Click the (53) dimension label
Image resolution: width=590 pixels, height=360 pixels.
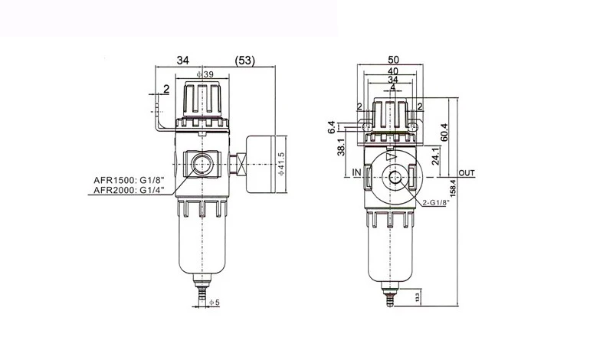click(244, 61)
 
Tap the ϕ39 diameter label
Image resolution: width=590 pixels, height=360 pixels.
click(205, 74)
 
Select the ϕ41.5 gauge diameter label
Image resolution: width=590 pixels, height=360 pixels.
click(281, 164)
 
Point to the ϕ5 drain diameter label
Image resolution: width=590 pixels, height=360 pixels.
click(214, 302)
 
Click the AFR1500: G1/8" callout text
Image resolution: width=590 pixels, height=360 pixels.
click(129, 180)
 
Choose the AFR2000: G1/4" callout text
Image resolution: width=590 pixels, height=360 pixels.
click(129, 191)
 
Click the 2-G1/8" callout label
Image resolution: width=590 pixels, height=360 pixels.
click(436, 203)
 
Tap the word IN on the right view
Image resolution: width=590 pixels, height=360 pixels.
click(356, 172)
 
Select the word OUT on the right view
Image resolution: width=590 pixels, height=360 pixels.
click(467, 173)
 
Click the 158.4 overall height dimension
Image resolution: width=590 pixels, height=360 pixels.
click(453, 188)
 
